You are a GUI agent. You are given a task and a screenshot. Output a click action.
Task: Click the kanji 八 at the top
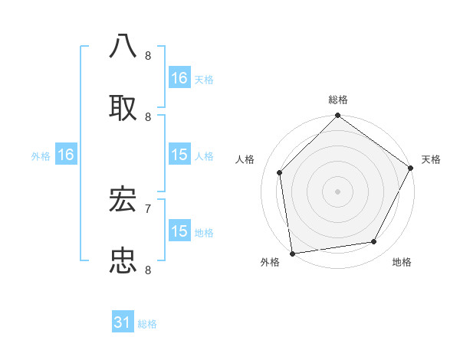pos(123,46)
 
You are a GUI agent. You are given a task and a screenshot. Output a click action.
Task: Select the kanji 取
pos(123,107)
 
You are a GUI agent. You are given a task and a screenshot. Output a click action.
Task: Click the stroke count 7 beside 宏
pos(148,208)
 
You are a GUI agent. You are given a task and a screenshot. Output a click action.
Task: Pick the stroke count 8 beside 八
pos(148,55)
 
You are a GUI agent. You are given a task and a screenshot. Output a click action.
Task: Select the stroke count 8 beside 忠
pos(148,270)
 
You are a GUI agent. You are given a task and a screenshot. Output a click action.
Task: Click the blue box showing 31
pos(123,323)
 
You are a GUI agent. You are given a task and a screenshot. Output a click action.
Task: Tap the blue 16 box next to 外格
pos(66,155)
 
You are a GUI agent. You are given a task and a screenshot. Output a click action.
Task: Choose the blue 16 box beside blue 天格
pos(179,78)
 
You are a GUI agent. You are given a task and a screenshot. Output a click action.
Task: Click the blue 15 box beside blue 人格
pos(179,155)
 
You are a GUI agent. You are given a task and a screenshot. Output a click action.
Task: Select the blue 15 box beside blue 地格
pos(179,231)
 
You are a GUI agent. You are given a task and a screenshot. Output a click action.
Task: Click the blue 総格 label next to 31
pos(147,324)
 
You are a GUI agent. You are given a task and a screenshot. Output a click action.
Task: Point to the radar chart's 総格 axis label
pos(338,100)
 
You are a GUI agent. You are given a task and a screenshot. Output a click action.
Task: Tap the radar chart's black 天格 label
pos(431,159)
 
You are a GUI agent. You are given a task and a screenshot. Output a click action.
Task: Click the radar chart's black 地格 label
pos(402,262)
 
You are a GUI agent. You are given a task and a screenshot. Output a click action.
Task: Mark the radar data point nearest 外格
pos(292,253)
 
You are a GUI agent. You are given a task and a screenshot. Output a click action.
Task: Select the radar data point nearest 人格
pos(280,172)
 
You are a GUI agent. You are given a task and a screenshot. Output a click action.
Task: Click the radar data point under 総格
pos(338,116)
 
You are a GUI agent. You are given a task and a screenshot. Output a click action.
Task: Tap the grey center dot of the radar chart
pos(338,191)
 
